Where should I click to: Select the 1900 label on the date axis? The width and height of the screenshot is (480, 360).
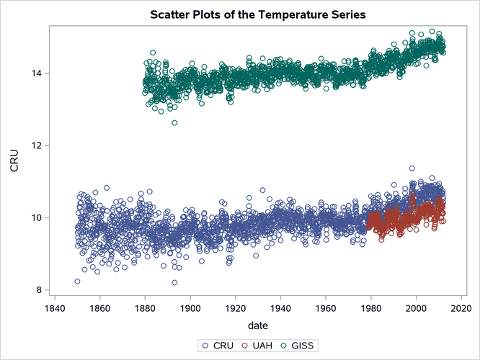coord(190,308)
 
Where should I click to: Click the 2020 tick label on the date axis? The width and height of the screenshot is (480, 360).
coord(461,308)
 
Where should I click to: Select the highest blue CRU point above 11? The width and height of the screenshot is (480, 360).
coord(412,168)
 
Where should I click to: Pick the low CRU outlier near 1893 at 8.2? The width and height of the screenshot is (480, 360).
coord(174,283)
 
